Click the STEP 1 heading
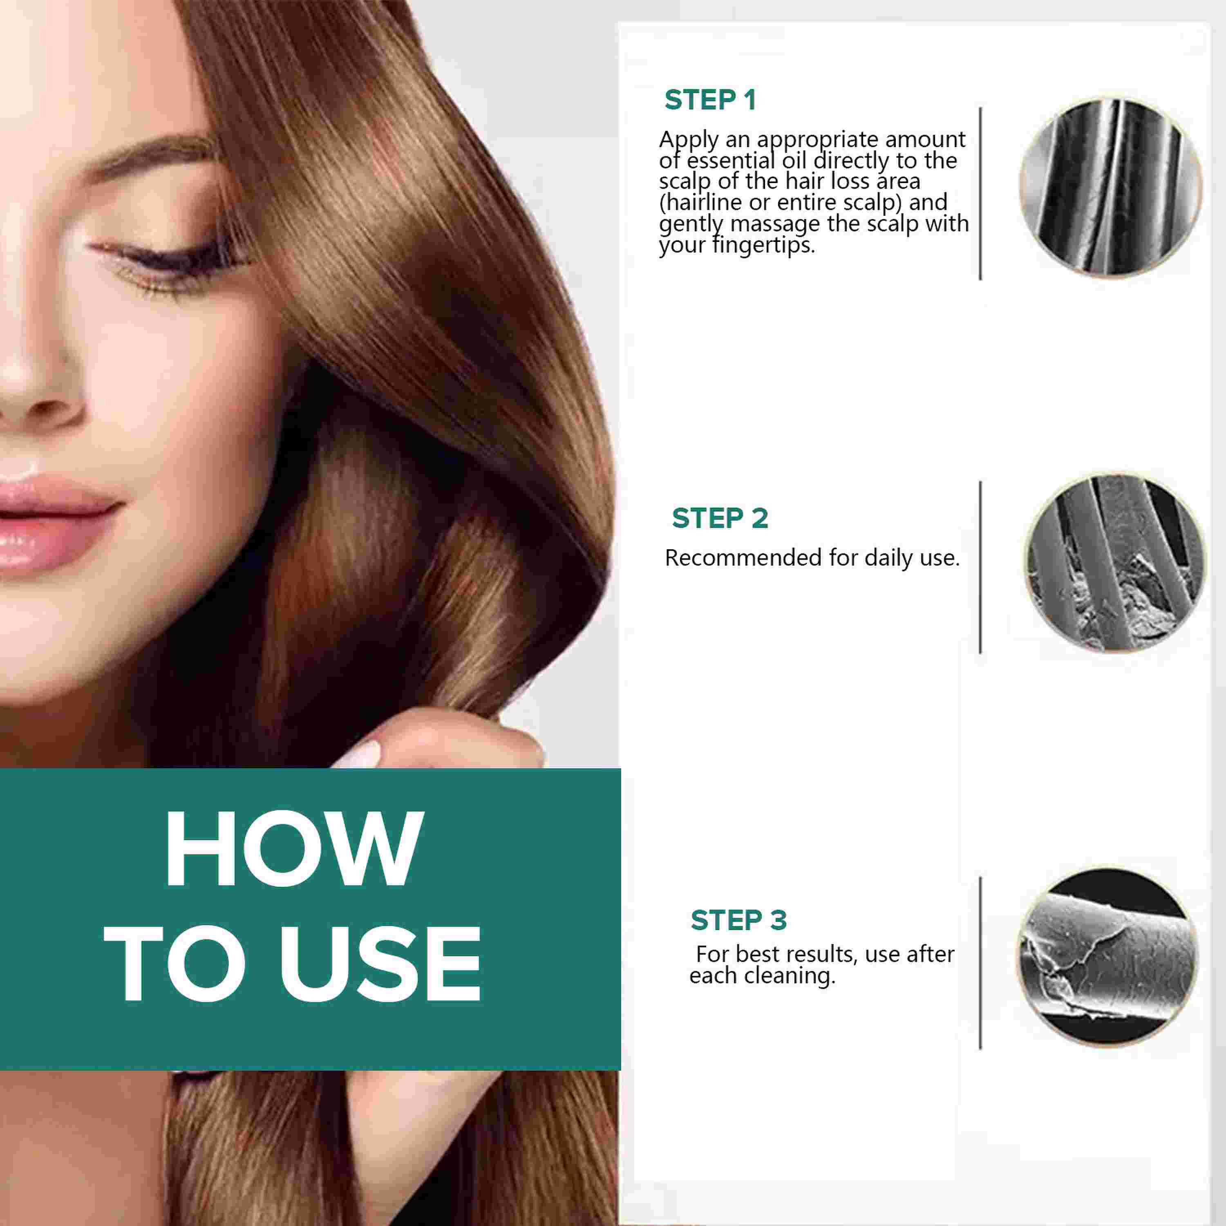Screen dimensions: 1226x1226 [x=710, y=100]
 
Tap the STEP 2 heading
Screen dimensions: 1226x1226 [x=720, y=519]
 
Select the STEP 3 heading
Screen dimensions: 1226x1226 [x=738, y=920]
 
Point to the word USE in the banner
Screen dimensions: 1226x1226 [x=381, y=964]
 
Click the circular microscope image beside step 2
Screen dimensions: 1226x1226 [x=1114, y=564]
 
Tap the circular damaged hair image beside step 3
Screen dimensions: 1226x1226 [x=1107, y=958]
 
